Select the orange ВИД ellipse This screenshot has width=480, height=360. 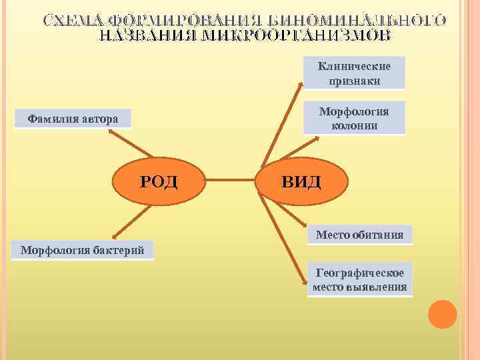click(x=301, y=180)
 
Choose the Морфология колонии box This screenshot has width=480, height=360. click(x=354, y=118)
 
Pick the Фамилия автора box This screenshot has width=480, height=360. click(x=73, y=119)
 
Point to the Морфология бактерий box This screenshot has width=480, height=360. click(x=83, y=251)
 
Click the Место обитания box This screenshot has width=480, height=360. click(x=359, y=235)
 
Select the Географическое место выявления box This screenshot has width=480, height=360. click(x=359, y=280)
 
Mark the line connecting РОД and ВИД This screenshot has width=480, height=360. click(x=230, y=180)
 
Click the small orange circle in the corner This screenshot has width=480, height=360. click(x=442, y=313)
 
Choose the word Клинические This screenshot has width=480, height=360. click(x=354, y=66)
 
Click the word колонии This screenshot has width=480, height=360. click(x=354, y=125)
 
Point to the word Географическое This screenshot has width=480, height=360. click(x=359, y=273)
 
